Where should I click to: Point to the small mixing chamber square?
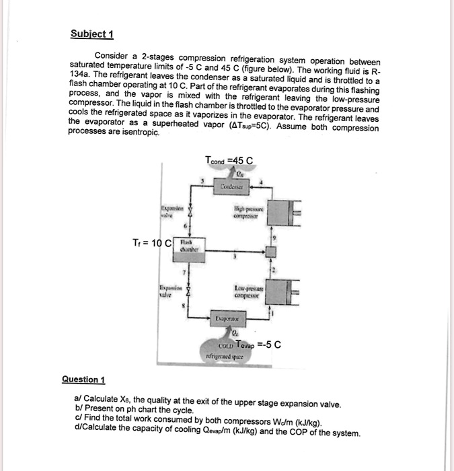click(x=271, y=251)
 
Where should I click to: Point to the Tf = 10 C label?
click(x=151, y=243)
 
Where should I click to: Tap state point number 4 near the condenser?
click(x=264, y=181)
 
